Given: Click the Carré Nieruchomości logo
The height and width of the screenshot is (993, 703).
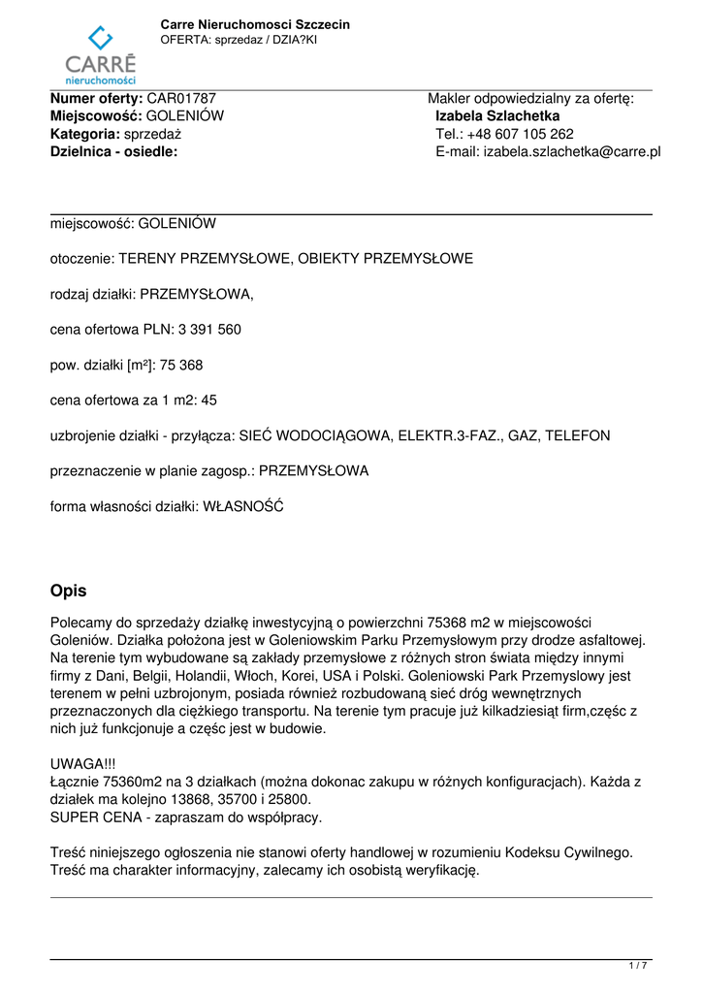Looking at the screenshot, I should [x=100, y=55].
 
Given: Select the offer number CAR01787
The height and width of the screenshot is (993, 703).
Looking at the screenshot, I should [x=181, y=99].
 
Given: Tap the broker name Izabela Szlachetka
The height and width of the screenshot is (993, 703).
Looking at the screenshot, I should [x=497, y=116].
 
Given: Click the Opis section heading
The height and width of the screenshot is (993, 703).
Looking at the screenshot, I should [x=68, y=591].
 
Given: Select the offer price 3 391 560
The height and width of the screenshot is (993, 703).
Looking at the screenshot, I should [x=209, y=330].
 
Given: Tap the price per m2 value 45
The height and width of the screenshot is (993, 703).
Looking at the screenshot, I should [x=209, y=400].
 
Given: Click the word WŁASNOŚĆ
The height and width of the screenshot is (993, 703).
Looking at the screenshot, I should [x=243, y=506].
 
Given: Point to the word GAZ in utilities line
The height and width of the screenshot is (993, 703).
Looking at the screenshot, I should [x=519, y=436].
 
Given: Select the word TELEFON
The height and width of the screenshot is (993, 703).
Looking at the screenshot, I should [x=578, y=436].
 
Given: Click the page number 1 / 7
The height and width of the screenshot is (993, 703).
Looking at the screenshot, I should [x=638, y=966].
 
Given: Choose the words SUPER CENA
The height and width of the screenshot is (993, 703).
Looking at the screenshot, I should [x=95, y=817].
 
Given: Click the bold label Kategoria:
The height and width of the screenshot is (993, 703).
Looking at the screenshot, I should [x=85, y=134].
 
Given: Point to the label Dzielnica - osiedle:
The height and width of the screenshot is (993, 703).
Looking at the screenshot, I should [x=113, y=152].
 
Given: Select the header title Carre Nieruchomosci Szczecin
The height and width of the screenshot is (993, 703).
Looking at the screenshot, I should [x=255, y=24].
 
